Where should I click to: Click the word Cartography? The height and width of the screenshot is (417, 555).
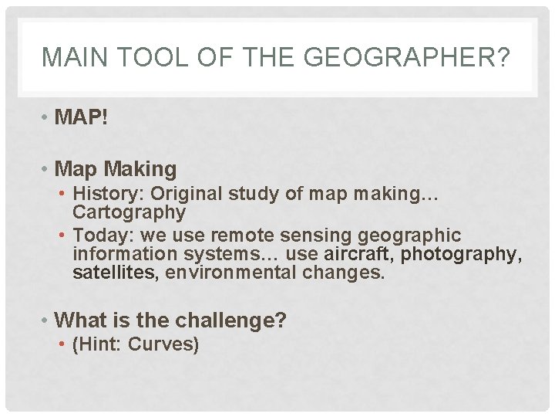pos(129,212)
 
